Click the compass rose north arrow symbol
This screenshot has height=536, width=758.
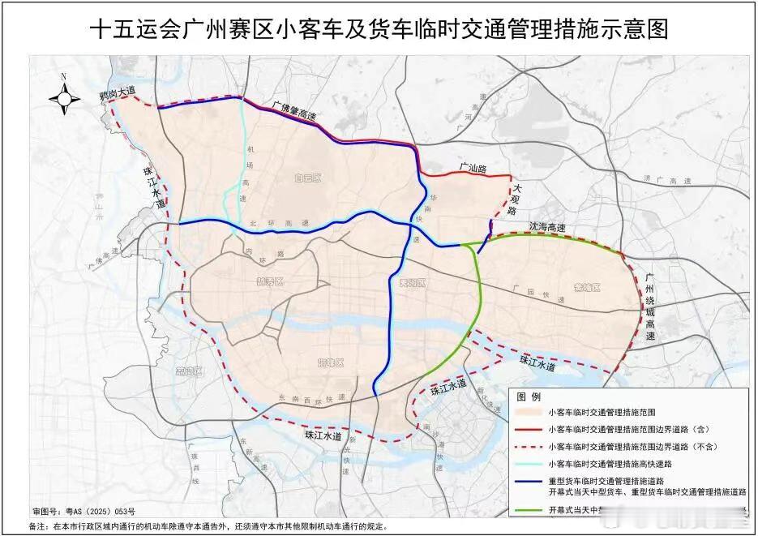click(65, 97)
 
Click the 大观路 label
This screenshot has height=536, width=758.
click(513, 199)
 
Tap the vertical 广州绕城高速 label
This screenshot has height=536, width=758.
click(649, 307)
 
